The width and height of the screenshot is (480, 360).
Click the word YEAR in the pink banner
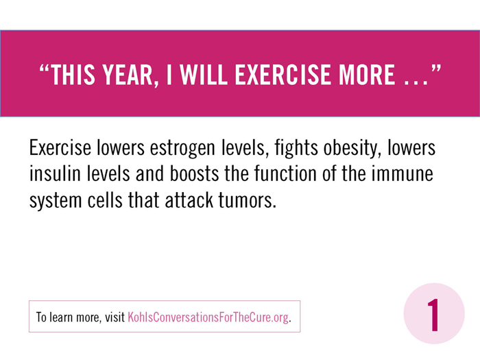[128, 75]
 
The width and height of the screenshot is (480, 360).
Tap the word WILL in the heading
[203, 75]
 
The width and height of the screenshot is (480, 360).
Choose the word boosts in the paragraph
[194, 173]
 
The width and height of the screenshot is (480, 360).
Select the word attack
[189, 200]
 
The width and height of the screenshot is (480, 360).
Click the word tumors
[247, 200]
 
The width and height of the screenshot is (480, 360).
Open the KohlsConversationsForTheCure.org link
[208, 317]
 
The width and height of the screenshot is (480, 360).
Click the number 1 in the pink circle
[433, 315]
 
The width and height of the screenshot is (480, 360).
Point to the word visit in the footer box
[115, 317]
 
